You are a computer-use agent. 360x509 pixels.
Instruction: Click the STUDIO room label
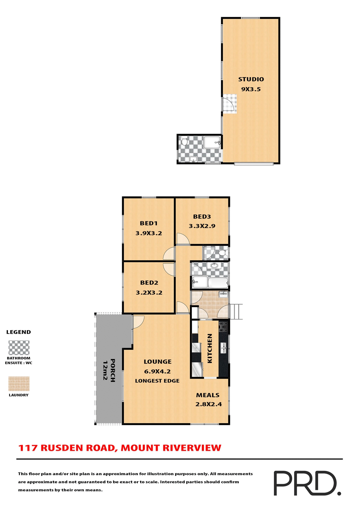[251, 79]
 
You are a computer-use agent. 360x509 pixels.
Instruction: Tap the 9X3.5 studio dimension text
[251, 89]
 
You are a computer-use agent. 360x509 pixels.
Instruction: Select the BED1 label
[148, 223]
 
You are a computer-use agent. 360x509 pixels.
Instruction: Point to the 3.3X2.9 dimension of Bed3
[202, 226]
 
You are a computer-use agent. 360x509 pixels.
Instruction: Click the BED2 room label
[149, 283]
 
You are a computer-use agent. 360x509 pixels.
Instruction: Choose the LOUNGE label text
[157, 362]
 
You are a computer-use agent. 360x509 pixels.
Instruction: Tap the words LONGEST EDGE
[157, 381]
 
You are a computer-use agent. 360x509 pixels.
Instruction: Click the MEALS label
[208, 395]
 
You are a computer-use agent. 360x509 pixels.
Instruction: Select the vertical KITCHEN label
[210, 348]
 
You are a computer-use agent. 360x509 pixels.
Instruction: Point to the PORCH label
[113, 370]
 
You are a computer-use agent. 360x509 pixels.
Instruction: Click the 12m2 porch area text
[105, 370]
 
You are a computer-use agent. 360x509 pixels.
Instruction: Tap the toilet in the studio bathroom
[185, 141]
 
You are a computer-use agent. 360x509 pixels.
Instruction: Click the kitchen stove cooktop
[223, 327]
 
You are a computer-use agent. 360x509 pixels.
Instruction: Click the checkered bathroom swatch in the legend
[19, 348]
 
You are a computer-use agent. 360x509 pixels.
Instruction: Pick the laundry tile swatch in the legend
[19, 384]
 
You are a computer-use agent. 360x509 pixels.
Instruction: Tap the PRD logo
[307, 483]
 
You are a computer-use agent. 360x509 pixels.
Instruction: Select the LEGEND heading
[19, 332]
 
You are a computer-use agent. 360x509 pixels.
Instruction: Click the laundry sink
[223, 294]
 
